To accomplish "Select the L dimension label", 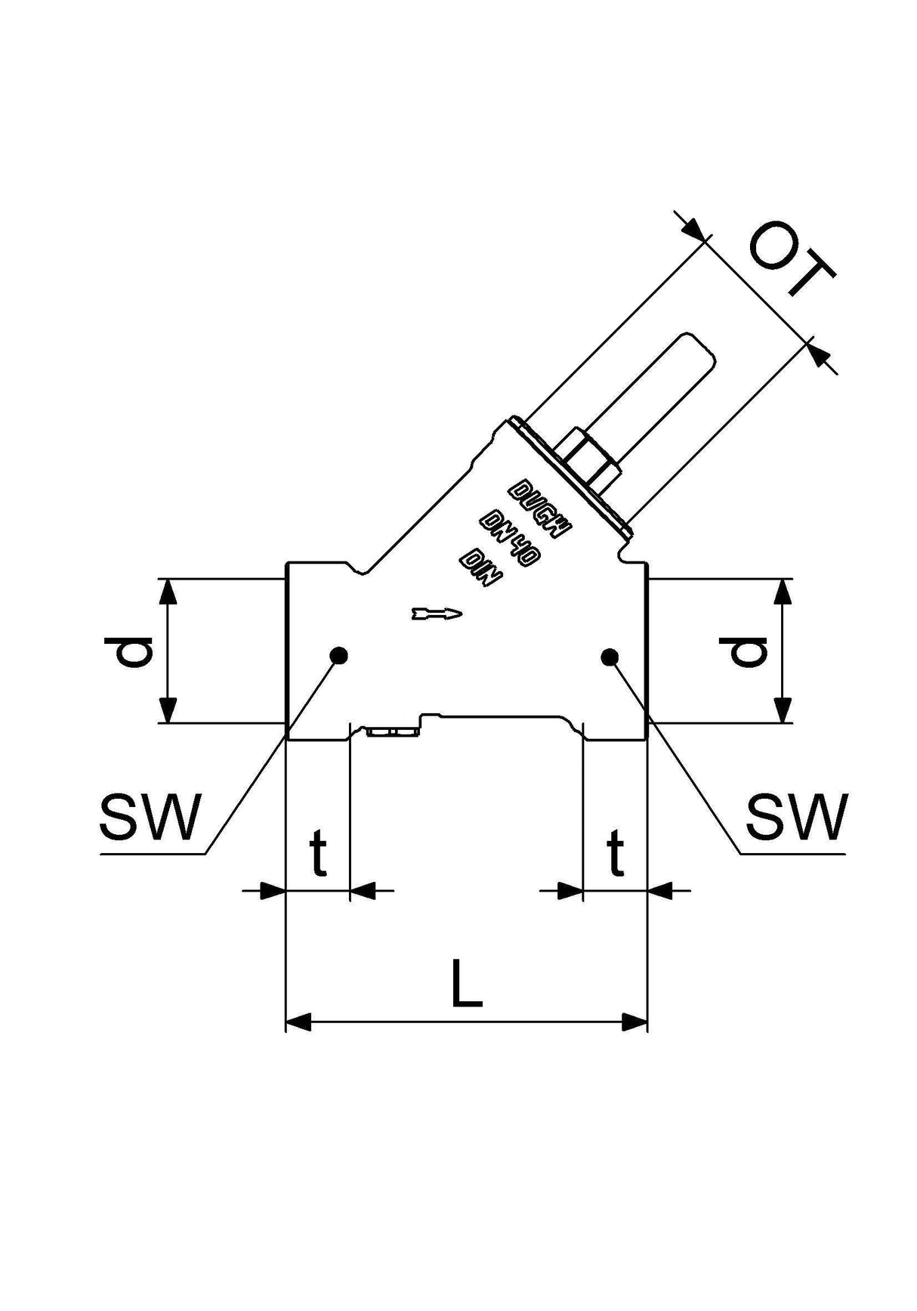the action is point(467,983).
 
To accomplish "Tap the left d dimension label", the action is point(128,651).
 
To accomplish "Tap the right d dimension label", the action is point(743,651).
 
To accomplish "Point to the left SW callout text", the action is point(151,817).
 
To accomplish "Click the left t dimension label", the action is point(319,853).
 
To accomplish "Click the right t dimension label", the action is point(617,853).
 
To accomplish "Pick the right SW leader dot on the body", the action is point(610,657).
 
